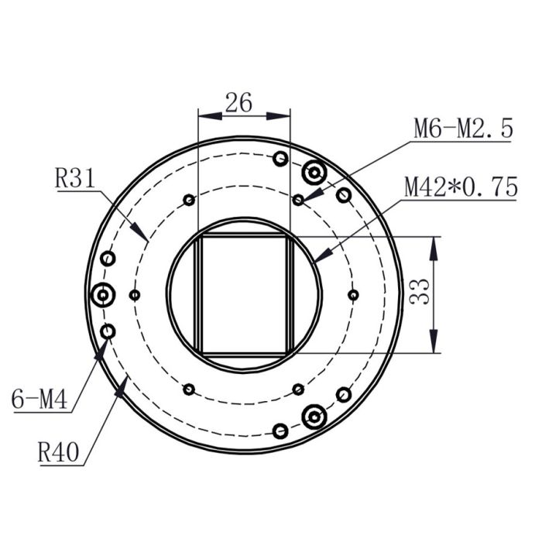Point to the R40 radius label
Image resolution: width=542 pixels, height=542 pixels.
60,451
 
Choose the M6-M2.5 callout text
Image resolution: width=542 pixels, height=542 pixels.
462,129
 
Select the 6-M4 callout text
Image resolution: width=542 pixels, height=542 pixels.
39,400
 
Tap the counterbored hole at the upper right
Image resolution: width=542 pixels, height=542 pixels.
314,173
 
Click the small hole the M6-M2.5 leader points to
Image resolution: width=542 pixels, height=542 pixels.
298,200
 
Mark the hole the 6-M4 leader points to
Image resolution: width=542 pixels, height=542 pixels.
108,332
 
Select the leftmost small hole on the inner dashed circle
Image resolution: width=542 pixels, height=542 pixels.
135,295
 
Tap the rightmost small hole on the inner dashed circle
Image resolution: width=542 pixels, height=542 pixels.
353,295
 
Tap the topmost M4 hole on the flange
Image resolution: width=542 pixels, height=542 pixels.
281,159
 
